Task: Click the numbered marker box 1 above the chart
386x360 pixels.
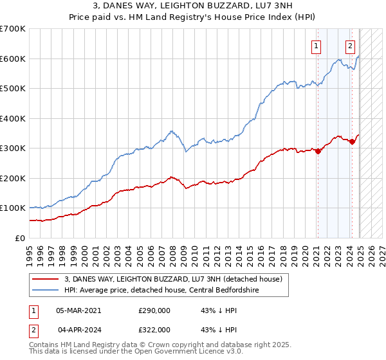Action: tap(317, 46)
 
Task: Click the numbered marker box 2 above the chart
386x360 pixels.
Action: tap(351, 46)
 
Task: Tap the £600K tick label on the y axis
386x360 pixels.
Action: tap(13, 59)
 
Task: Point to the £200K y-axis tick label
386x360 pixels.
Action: tap(13, 178)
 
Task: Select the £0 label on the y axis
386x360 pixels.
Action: tap(20, 238)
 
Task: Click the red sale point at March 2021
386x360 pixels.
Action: tap(318, 152)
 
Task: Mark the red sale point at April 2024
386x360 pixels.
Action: tap(352, 142)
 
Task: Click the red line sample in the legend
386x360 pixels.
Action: tap(46, 279)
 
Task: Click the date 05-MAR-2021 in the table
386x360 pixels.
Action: tap(78, 310)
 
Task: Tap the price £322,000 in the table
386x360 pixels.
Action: tap(154, 329)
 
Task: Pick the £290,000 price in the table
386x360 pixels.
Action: tap(154, 310)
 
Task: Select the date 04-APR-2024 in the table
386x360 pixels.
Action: tap(78, 329)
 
